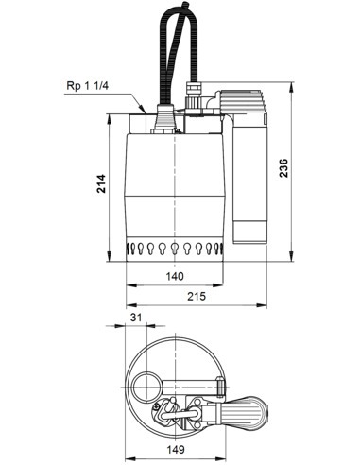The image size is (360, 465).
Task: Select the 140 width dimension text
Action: coord(174,277)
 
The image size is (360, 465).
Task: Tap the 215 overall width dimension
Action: coord(194,298)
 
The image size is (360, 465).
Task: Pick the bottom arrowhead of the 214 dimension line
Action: coord(111,266)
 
